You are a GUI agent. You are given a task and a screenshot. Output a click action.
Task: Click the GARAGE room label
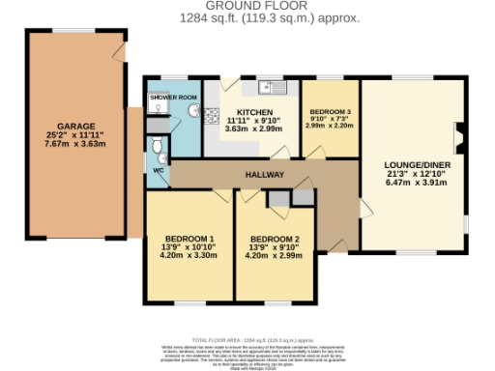point(74,126)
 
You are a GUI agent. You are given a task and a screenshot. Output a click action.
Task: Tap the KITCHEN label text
point(252,112)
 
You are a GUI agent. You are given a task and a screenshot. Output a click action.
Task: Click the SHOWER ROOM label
point(173,98)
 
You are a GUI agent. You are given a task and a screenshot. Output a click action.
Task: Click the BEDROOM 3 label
point(330,112)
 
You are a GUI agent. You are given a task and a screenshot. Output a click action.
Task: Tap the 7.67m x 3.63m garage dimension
point(74,144)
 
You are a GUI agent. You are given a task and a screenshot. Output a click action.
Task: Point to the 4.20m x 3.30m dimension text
point(189,257)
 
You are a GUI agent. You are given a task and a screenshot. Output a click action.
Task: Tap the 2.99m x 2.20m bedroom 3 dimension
point(330,128)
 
